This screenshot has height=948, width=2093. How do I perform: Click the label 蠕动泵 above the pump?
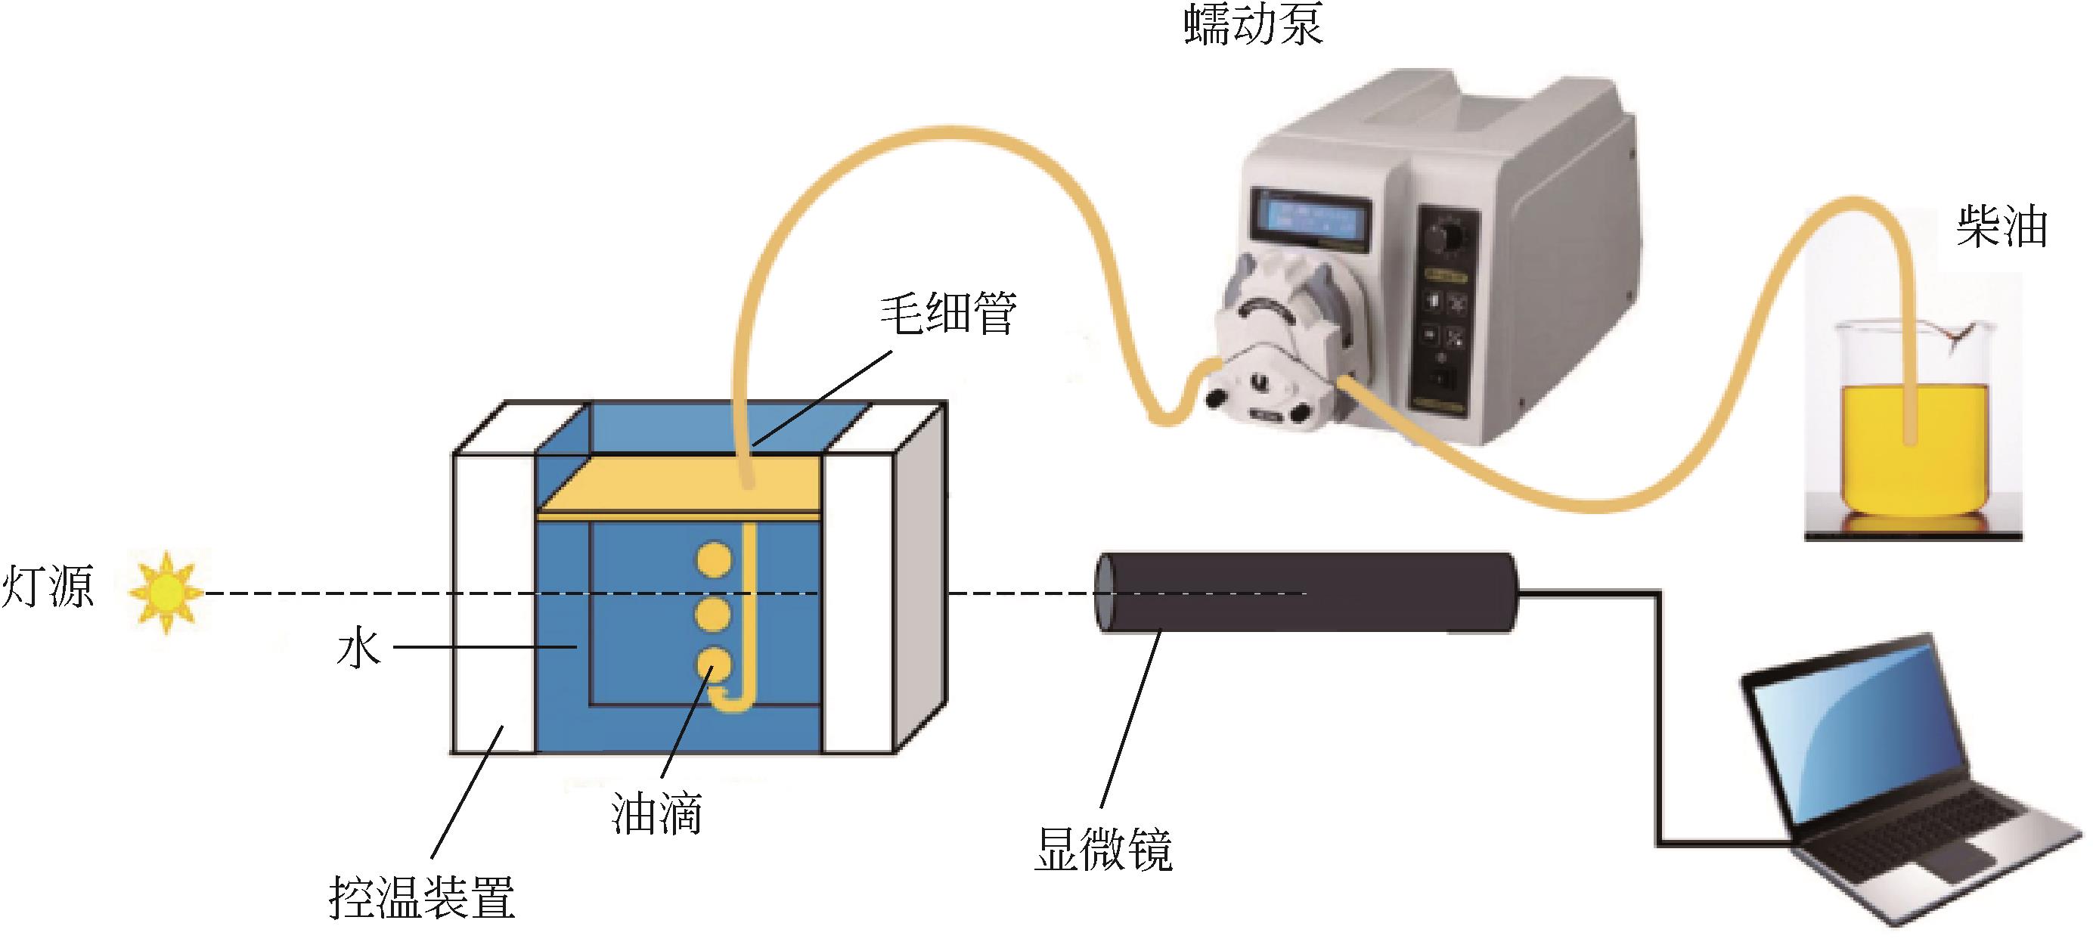[x=1254, y=24]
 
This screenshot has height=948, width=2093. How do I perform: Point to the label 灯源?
[x=47, y=586]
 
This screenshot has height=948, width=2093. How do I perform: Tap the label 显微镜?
[x=1102, y=850]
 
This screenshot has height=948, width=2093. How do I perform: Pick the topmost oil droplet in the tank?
[x=713, y=560]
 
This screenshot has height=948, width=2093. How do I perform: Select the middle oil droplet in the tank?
[x=713, y=614]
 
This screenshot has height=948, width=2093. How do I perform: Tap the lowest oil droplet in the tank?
[x=713, y=665]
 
